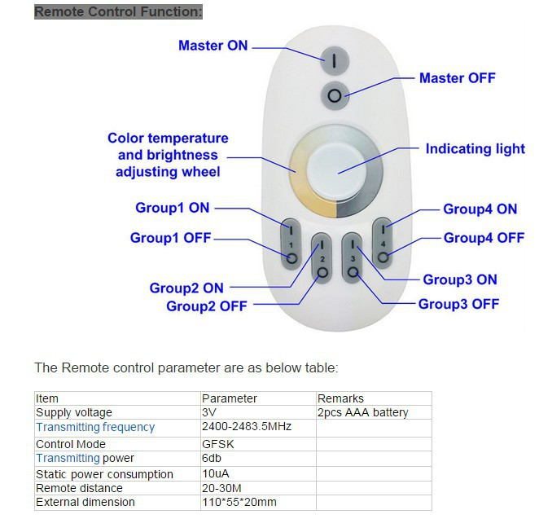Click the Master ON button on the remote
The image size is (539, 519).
334,59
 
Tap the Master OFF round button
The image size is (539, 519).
334,95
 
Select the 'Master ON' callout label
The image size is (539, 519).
213,46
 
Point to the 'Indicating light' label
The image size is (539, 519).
475,149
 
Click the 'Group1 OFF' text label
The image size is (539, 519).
170,238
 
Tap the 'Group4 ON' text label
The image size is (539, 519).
480,209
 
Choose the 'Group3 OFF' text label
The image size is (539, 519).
458,304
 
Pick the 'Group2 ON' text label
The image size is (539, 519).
186,288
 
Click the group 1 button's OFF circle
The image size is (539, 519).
291,259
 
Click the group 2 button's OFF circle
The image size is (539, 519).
322,272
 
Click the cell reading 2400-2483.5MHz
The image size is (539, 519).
246,427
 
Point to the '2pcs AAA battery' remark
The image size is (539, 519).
363,412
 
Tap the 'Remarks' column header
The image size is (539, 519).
341,398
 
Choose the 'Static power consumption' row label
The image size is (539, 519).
104,474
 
